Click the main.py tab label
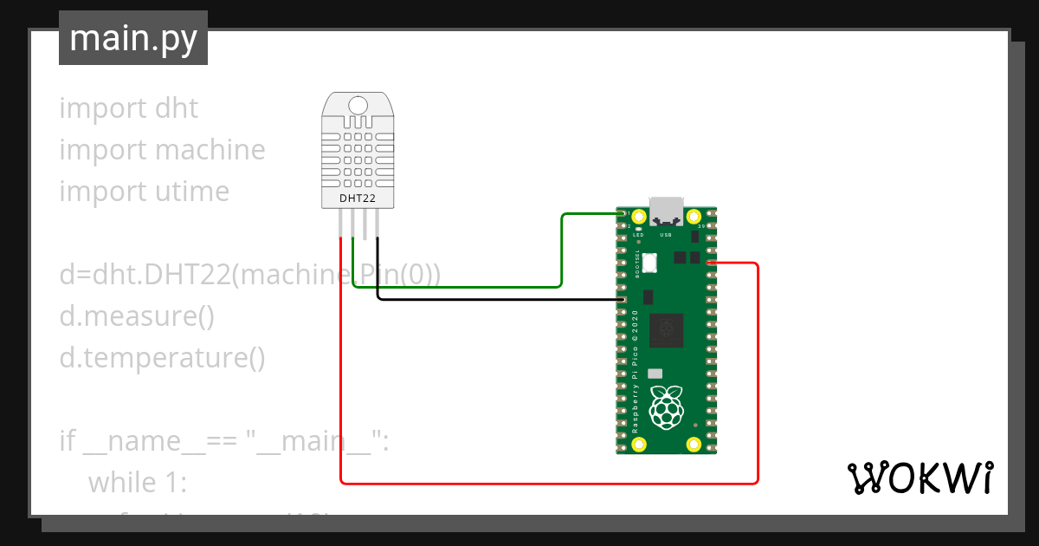coord(133,38)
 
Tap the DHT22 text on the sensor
coord(358,199)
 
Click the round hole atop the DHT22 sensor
coord(358,106)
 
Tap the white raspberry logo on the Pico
coord(666,408)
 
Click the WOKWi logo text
coord(920,478)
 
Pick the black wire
coord(502,300)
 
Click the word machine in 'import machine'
coord(210,150)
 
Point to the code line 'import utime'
coord(145,192)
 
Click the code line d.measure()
coord(137,316)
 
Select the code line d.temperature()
coord(162,358)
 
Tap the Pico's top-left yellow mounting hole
coord(639,217)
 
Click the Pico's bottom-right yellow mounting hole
coord(694,445)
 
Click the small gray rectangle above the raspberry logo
coord(655,373)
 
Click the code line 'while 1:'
coord(137,481)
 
